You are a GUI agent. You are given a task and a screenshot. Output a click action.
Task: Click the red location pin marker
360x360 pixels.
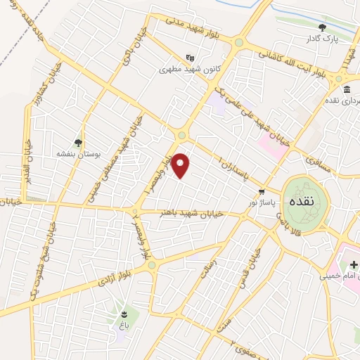181,165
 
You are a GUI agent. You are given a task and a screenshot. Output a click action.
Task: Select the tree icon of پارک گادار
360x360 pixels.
323,27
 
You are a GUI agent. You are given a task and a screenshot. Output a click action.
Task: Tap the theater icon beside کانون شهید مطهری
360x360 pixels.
188,58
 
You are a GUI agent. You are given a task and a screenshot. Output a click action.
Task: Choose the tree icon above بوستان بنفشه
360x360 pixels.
78,141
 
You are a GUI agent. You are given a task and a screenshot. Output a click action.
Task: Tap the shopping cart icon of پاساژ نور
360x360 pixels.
262,191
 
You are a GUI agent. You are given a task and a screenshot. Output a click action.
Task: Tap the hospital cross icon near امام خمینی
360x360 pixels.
354,264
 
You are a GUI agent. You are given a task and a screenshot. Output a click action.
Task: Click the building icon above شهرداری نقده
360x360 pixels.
347,89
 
